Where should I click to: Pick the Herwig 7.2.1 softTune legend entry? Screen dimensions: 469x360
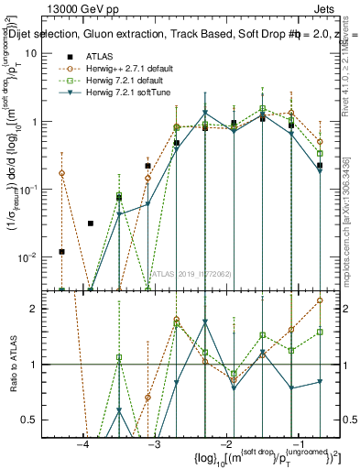[x=117, y=93]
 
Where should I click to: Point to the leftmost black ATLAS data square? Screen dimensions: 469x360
[x=62, y=251]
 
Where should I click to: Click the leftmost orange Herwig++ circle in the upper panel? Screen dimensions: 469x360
[x=62, y=172]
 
